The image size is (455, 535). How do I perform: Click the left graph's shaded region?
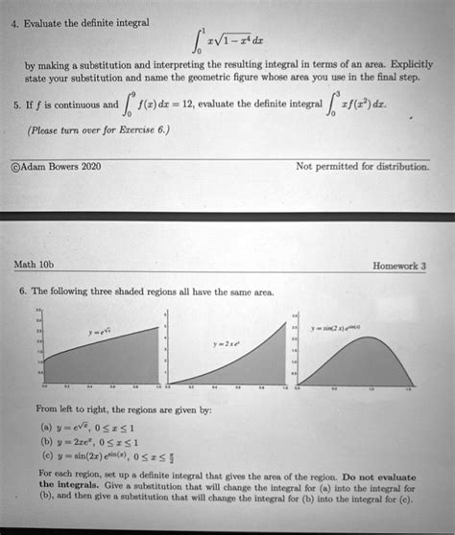click(106, 369)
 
